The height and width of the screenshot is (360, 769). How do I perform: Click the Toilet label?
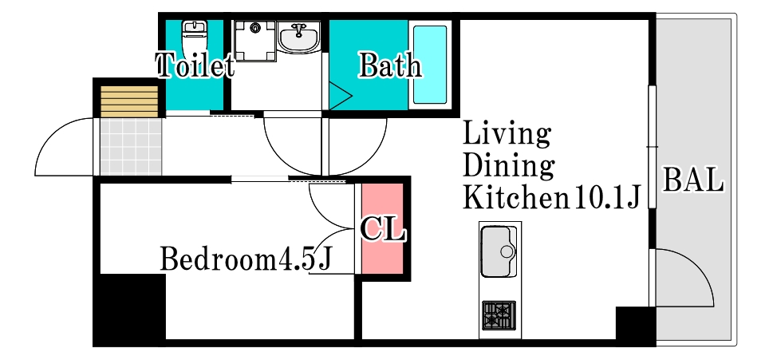coord(195,65)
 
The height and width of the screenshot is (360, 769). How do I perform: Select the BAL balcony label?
coord(693,180)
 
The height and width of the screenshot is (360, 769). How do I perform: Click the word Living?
coord(507,134)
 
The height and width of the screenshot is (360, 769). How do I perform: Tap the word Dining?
coord(509,166)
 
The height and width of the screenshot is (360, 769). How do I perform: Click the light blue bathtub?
coord(430,64)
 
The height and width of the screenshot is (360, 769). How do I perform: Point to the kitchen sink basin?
coord(499,251)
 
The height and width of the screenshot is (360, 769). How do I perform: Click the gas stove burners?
coord(499,315)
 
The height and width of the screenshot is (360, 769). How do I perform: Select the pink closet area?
coord(383,228)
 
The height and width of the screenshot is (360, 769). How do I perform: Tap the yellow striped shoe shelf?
coord(129,101)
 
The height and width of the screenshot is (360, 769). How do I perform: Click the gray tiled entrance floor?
coord(131,147)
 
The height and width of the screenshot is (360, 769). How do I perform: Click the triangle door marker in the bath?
coord(340,96)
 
